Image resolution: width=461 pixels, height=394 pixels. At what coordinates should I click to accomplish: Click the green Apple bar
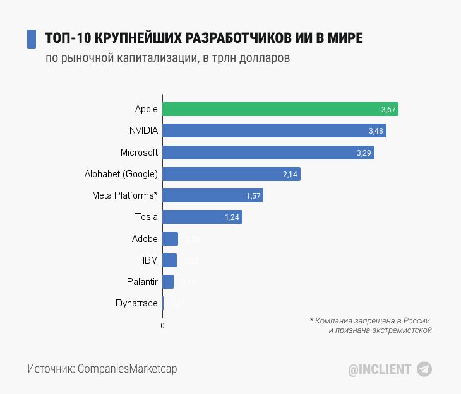tap(280, 109)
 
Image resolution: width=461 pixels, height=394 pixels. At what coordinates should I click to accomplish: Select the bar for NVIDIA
tap(274, 130)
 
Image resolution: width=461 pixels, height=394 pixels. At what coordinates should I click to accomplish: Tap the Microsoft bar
tap(268, 153)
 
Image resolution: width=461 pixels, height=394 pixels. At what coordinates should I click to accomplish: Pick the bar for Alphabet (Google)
tap(231, 174)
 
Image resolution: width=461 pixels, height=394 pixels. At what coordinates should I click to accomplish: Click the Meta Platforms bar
tap(212, 195)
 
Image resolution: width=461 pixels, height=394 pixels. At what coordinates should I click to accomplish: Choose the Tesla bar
tap(202, 217)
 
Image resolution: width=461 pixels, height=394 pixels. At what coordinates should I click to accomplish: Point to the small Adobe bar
tap(170, 239)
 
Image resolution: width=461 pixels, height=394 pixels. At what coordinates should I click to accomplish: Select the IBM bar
tap(169, 260)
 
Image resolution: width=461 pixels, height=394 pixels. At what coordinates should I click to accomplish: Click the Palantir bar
tap(168, 282)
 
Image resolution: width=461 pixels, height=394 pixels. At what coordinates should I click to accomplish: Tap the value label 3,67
tap(388, 110)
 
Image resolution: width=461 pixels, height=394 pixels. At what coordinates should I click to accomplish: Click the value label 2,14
tap(290, 175)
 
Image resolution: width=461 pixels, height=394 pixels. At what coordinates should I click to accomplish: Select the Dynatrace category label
tap(136, 303)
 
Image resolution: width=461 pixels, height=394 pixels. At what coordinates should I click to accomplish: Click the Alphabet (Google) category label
tap(121, 174)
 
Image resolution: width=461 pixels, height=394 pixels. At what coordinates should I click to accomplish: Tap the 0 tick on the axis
tap(162, 326)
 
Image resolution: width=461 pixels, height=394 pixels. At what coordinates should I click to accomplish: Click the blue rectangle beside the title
tap(31, 38)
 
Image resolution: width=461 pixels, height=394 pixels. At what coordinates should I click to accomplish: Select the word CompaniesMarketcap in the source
tap(127, 369)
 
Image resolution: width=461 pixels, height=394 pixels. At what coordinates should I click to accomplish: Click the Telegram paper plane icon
tap(424, 369)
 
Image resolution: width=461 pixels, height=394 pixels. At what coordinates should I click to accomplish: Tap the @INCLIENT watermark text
tap(380, 369)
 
